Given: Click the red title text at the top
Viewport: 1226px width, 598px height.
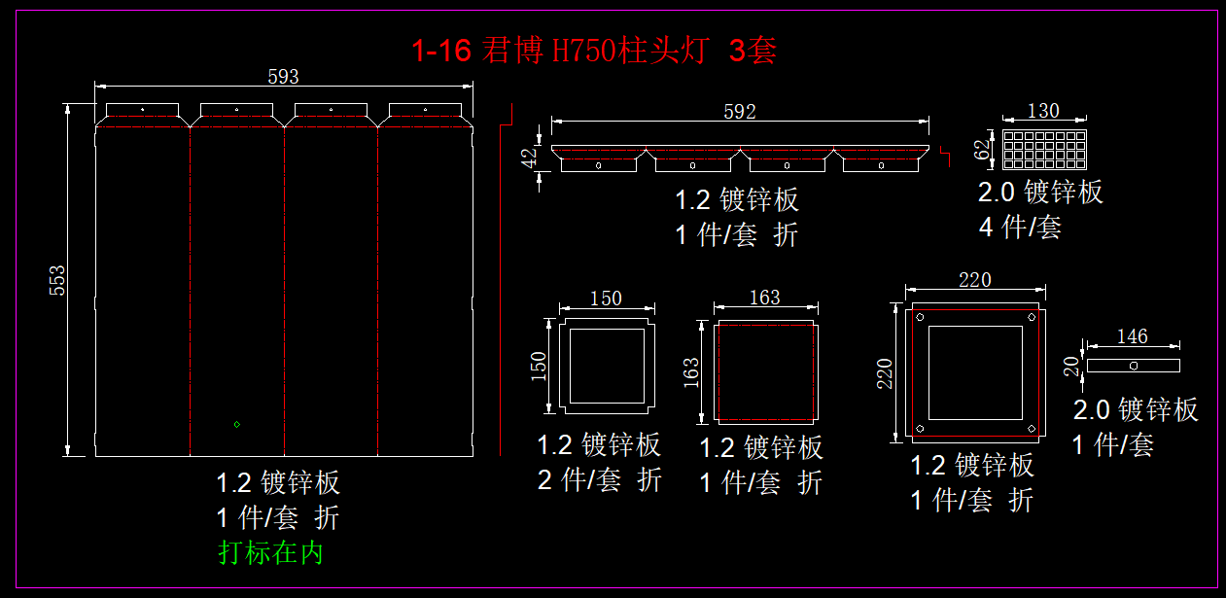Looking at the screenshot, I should tap(594, 51).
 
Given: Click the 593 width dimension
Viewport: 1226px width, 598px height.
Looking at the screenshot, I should tap(283, 77).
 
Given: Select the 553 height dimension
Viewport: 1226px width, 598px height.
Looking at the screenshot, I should tap(57, 280).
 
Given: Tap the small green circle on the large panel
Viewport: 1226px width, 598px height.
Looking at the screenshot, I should tap(236, 424).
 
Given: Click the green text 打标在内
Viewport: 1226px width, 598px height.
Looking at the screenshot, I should tap(270, 552).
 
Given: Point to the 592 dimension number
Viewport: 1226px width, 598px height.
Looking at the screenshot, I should tap(739, 112).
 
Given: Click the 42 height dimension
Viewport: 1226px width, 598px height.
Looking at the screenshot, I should tap(529, 157).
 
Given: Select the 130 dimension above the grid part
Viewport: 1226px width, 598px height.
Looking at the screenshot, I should tap(1043, 111).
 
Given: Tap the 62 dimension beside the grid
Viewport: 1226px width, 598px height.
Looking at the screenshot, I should tap(982, 149).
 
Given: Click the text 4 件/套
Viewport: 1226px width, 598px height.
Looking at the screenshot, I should tap(1020, 228).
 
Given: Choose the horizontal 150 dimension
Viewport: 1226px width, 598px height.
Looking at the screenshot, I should tap(605, 299).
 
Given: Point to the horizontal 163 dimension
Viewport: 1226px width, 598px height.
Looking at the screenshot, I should tap(764, 298).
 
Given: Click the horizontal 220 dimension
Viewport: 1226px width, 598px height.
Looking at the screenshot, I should tap(974, 280).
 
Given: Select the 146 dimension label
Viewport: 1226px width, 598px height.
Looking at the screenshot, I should tap(1132, 336).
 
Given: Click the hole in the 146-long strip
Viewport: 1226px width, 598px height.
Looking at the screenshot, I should tap(1134, 366).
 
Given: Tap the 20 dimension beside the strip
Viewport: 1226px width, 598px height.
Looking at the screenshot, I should tap(1071, 365).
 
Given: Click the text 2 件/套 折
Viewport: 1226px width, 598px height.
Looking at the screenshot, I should tap(600, 479).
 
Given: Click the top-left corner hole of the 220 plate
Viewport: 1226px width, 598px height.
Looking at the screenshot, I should tap(920, 317).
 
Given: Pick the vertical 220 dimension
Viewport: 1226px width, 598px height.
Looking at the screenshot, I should tap(885, 373).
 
